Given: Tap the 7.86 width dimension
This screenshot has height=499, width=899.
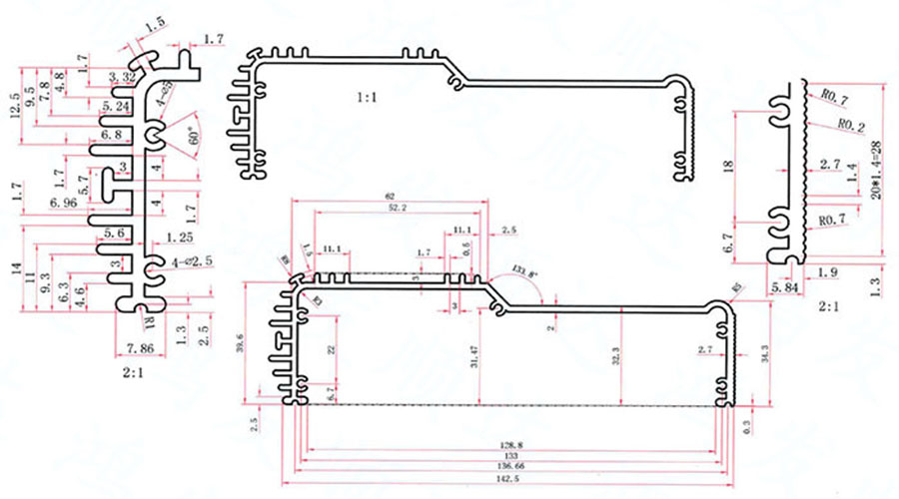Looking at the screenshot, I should (140, 349).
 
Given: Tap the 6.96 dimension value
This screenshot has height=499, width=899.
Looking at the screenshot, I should (63, 204).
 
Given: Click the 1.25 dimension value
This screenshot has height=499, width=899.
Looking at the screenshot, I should (181, 238).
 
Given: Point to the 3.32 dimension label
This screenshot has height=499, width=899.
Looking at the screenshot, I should (124, 77).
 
